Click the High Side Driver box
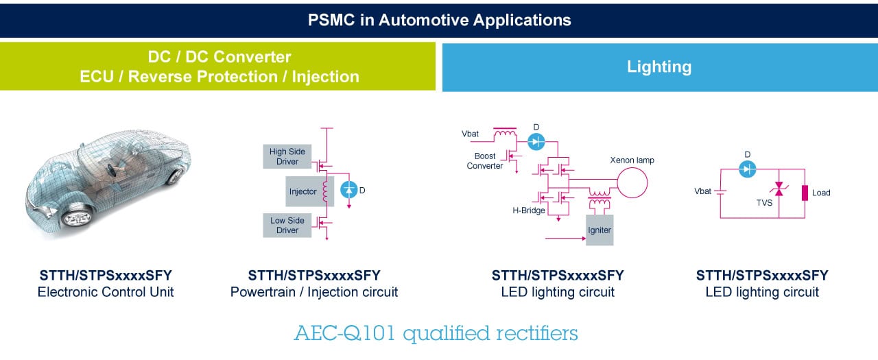(x=287, y=156)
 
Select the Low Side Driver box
(x=287, y=225)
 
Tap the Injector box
(x=309, y=191)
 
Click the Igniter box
(x=600, y=230)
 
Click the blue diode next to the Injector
(x=348, y=190)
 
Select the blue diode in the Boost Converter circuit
(x=536, y=141)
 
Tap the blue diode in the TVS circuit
(x=747, y=169)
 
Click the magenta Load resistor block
(x=805, y=193)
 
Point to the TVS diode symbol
(x=779, y=189)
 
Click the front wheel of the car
(x=78, y=217)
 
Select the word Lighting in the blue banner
(x=659, y=67)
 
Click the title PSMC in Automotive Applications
(x=439, y=20)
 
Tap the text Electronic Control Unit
(x=106, y=292)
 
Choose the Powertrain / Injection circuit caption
(x=314, y=292)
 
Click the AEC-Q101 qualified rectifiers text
(x=436, y=333)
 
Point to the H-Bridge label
(x=529, y=211)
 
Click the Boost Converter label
(x=485, y=160)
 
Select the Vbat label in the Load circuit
(x=702, y=191)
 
